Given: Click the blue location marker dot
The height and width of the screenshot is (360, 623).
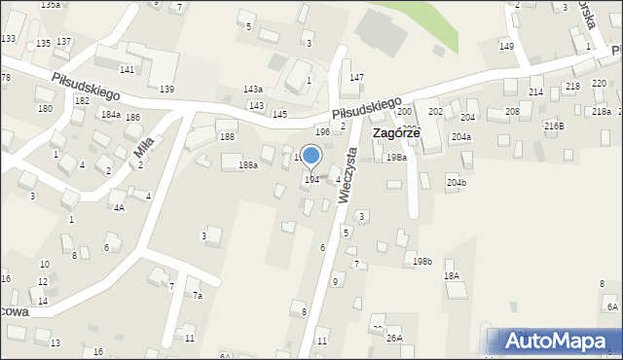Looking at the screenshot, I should [311, 155].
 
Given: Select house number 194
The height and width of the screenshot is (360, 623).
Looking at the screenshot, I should [311, 180].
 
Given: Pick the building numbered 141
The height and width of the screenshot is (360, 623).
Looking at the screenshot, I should [127, 70].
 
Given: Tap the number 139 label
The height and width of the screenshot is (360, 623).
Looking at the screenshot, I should [166, 90].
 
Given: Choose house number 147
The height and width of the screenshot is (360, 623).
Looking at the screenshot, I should [357, 77].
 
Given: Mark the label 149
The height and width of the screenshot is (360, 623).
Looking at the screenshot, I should [506, 47].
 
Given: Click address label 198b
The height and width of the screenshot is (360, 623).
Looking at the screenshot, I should [421, 261].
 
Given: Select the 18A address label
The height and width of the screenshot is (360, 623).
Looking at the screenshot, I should [452, 276].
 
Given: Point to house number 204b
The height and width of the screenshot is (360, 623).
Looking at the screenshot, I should [457, 183].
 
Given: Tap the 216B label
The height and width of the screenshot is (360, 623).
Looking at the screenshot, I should [554, 126].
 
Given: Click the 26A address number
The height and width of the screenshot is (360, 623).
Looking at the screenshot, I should [394, 339].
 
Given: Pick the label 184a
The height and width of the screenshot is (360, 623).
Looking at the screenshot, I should [111, 115].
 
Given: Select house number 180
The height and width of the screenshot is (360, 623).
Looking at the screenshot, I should [45, 108].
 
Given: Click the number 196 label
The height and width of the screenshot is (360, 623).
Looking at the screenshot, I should [322, 131].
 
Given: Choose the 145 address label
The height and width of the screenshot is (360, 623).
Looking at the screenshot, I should [279, 115].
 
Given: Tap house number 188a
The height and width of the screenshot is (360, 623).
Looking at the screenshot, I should [248, 165].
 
